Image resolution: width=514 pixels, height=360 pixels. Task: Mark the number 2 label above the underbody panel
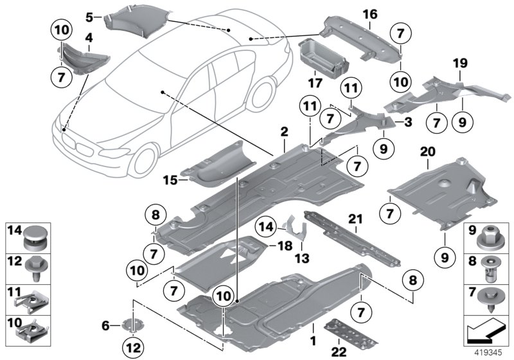click(283, 132)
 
